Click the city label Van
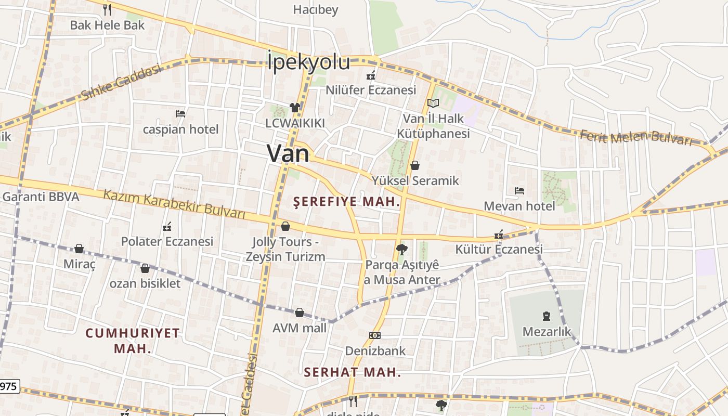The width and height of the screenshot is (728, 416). [288, 153]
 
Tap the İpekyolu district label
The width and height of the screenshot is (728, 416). [309, 62]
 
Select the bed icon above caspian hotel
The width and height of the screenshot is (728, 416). [180, 113]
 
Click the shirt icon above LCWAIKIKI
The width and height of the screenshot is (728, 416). [295, 108]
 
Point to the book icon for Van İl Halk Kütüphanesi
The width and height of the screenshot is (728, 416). [433, 103]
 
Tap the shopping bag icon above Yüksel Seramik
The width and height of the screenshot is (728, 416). [415, 165]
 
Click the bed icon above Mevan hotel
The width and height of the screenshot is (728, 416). [519, 191]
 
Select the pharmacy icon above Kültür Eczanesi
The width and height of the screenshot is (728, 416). [499, 235]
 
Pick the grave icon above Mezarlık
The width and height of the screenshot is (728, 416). [547, 316]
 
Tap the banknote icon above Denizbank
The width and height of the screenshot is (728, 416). [374, 335]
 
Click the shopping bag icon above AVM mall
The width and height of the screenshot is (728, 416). [300, 313]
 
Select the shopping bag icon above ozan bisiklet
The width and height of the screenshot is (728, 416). [145, 268]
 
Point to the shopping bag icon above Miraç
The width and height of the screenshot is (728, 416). [79, 249]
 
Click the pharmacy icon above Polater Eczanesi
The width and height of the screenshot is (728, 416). [167, 227]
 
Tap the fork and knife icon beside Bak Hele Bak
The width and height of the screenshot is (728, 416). [107, 9]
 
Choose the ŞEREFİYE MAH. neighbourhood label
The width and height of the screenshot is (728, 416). [347, 202]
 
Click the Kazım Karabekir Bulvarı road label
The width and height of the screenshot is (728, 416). [174, 203]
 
